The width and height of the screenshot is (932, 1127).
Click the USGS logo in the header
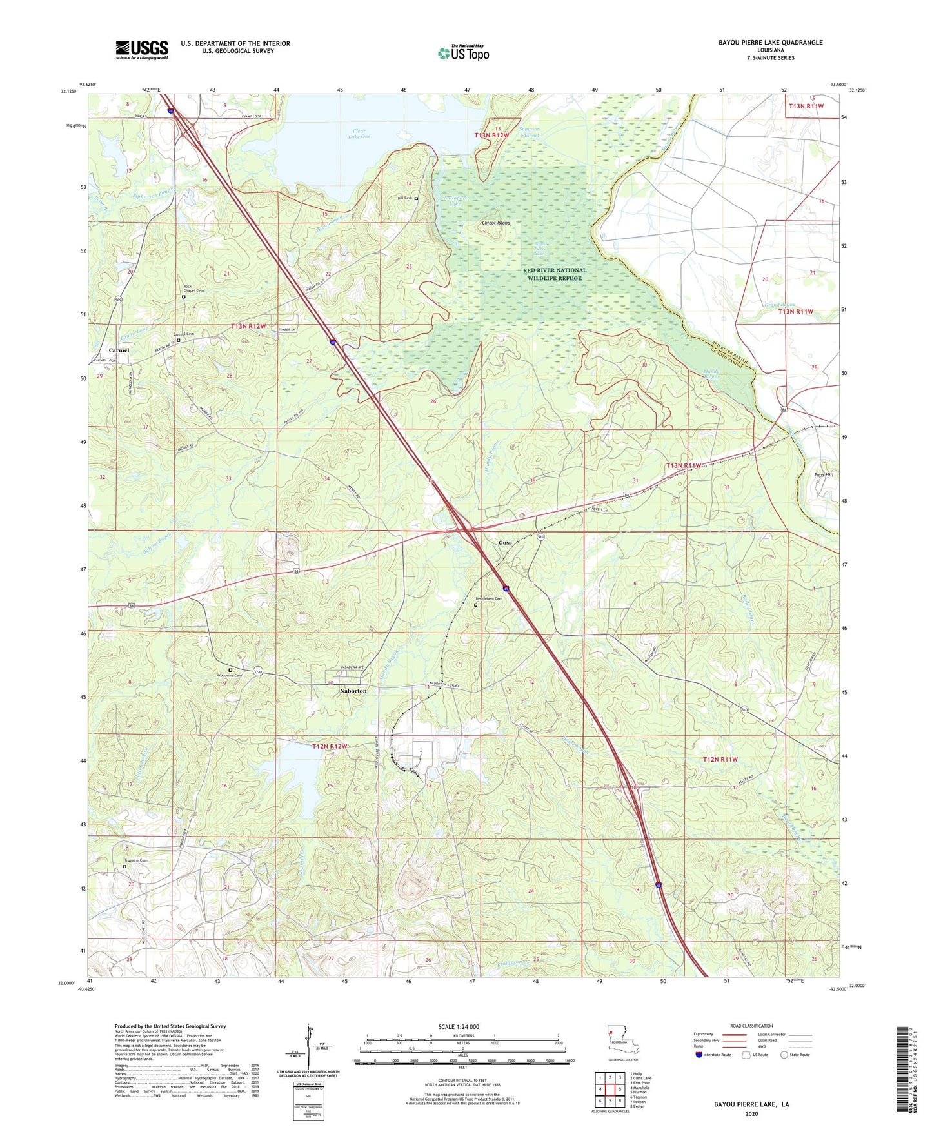pos(142,50)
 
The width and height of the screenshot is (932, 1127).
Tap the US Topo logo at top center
pos(463,53)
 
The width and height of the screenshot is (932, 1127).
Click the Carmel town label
pos(119,350)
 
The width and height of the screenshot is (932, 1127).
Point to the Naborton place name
pos(353,691)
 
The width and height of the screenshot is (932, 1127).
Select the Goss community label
pos(505,543)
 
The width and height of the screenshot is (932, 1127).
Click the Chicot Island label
pos(496,223)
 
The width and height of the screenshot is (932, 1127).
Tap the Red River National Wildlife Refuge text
pos(555,274)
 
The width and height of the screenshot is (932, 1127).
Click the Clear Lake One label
pos(359,134)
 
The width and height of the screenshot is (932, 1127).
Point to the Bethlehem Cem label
pos(488,599)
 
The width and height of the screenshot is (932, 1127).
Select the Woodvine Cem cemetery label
pos(229,675)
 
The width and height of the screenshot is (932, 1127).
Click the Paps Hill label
pos(824,474)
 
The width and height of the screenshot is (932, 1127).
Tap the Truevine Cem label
pos(135,860)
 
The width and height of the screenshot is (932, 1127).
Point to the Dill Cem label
pos(404,198)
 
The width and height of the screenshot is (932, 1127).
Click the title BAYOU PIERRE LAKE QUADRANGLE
pos(770,43)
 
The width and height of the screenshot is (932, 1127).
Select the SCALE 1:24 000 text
pos(459,1027)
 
